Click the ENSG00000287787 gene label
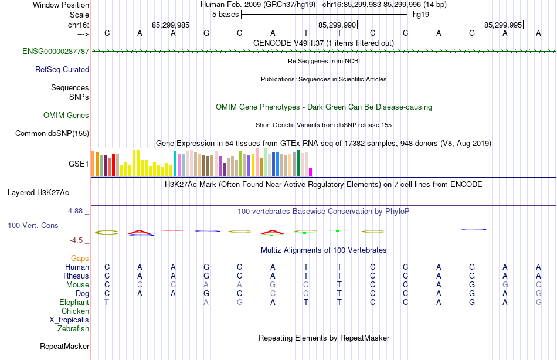[56, 52]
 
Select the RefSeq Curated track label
[62, 70]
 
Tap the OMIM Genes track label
[66, 116]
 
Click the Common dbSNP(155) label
[52, 134]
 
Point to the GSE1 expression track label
[79, 164]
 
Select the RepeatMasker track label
[64, 347]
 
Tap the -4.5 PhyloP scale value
[79, 240]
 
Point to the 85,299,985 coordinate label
[171, 25]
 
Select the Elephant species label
[74, 303]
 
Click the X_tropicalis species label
[69, 320]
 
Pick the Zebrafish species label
[73, 329]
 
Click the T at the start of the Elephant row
[107, 303]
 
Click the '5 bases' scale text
[225, 15]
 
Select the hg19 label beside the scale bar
[421, 15]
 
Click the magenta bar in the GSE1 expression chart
[311, 172]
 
